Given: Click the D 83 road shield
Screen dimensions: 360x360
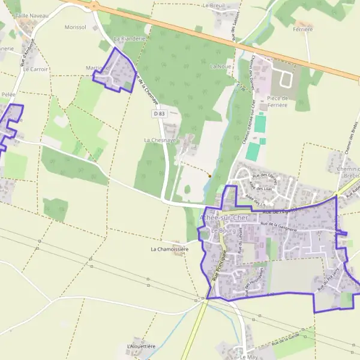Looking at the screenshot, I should (x=158, y=113).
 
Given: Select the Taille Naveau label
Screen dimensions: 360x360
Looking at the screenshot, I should (x=31, y=15).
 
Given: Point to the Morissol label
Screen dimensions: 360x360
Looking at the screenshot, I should (x=76, y=27).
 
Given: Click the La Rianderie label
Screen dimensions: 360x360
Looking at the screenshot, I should (x=129, y=38).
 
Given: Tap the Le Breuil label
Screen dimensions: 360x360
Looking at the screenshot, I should (x=214, y=5).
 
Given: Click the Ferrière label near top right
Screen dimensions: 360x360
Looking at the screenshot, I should (x=303, y=29).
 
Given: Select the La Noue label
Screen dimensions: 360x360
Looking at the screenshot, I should (x=221, y=66).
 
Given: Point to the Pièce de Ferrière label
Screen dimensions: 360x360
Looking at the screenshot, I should (x=278, y=101).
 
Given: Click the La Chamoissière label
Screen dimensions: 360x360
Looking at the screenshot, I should (x=169, y=248).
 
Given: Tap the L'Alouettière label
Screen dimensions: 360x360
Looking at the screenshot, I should (x=141, y=346).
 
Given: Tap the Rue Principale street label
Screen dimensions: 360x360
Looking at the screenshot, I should (x=218, y=266).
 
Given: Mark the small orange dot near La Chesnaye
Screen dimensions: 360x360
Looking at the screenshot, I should (x=209, y=176).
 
